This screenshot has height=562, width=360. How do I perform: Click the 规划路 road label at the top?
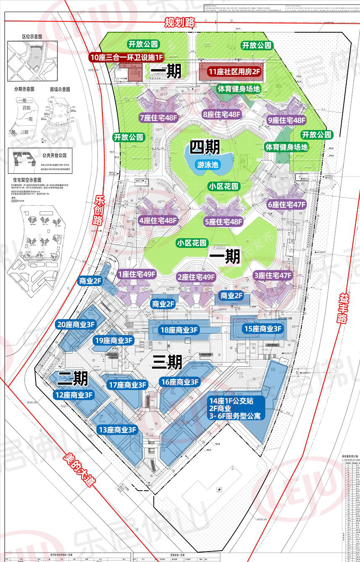pos(180,22)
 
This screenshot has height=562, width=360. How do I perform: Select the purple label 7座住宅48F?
pos(160,118)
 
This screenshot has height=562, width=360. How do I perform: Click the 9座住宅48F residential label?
pos(286,120)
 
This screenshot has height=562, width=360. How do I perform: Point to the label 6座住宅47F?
pos(287,205)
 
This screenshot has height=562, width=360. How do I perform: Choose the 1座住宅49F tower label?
pos(137,274)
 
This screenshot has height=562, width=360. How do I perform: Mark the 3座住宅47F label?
pos(273,276)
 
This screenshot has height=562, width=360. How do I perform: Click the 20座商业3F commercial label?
pos(76,324)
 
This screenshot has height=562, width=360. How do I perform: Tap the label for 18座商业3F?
pos(179,330)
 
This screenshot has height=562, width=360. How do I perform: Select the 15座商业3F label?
pos(263,329)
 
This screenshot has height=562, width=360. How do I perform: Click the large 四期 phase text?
pos(205,147)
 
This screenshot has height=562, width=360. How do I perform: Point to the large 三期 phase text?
pos(166,362)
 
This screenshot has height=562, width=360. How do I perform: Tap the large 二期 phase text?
pos(73,379)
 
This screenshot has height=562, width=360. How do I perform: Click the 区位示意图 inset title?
pos(32,37)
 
